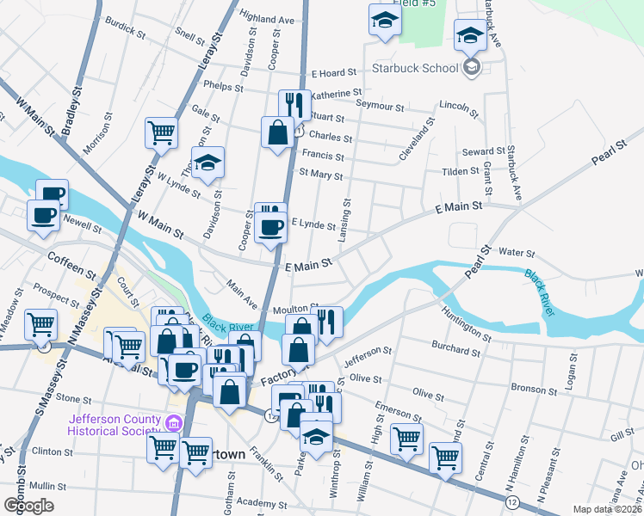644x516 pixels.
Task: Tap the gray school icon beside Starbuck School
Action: pyautogui.click(x=471, y=67)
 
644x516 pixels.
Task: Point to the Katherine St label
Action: pyautogui.click(x=336, y=93)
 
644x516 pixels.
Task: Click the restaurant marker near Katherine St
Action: pyautogui.click(x=295, y=106)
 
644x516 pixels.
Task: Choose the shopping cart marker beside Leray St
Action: pyautogui.click(x=161, y=133)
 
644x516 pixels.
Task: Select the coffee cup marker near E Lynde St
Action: pyautogui.click(x=272, y=228)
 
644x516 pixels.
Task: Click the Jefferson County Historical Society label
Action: pyautogui.click(x=114, y=425)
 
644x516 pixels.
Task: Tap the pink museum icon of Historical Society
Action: pyautogui.click(x=173, y=422)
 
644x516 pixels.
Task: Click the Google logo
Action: pyautogui.click(x=28, y=505)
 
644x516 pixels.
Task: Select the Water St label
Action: pyautogui.click(x=517, y=254)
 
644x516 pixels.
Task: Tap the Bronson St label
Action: pyautogui.click(x=534, y=389)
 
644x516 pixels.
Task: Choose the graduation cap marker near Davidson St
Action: pyautogui.click(x=207, y=163)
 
